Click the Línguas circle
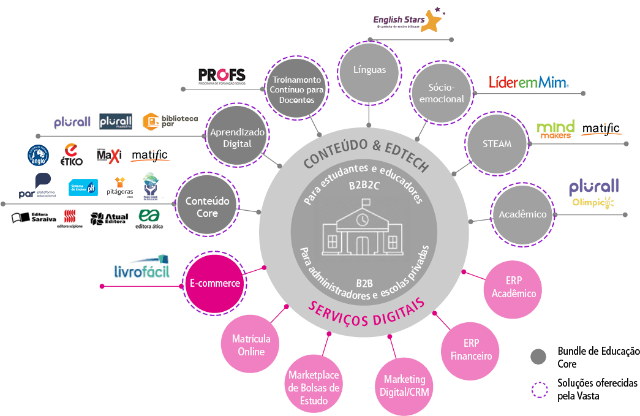pos(369,70)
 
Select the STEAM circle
pos(497,144)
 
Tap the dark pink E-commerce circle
pos(214,284)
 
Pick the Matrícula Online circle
pos(251,345)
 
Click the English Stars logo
pos(408,21)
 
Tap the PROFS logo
pos(222,76)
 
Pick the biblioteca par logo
pos(170,122)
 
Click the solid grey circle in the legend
pos(538,357)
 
